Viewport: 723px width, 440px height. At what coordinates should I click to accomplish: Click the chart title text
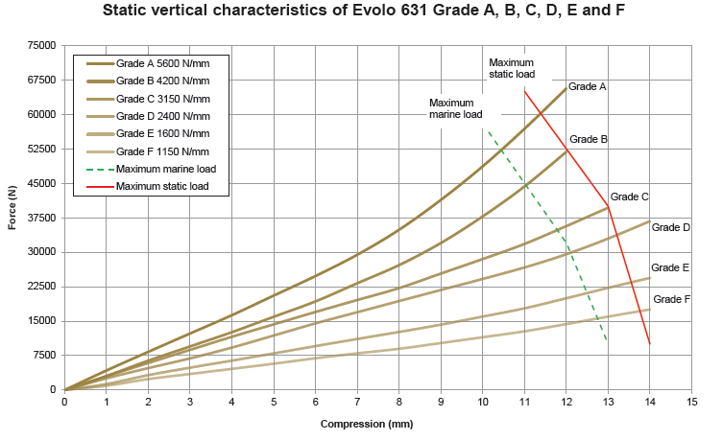click(x=360, y=12)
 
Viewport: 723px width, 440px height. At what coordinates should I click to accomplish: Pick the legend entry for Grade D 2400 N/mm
click(x=162, y=116)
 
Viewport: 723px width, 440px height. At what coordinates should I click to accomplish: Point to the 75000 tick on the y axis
click(x=41, y=45)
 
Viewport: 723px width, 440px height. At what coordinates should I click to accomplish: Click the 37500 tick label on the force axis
click(x=41, y=218)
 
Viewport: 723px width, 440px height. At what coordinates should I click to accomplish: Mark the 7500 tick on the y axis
click(x=44, y=356)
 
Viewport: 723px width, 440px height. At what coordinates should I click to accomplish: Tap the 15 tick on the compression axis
click(x=691, y=402)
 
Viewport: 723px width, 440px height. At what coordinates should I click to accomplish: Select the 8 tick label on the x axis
click(x=398, y=402)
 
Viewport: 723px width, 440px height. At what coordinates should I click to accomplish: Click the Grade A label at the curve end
click(x=587, y=86)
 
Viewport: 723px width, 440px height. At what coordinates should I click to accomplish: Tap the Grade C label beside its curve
click(x=629, y=197)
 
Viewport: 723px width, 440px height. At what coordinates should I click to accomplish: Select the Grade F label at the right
click(x=671, y=299)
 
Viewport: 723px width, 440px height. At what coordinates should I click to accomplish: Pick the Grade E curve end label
click(x=670, y=267)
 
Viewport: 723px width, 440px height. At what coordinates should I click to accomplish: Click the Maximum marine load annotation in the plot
click(x=455, y=108)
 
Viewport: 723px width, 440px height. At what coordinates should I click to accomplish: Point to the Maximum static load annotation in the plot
click(x=512, y=67)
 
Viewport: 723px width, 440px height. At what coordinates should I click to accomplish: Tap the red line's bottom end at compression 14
click(x=649, y=343)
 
